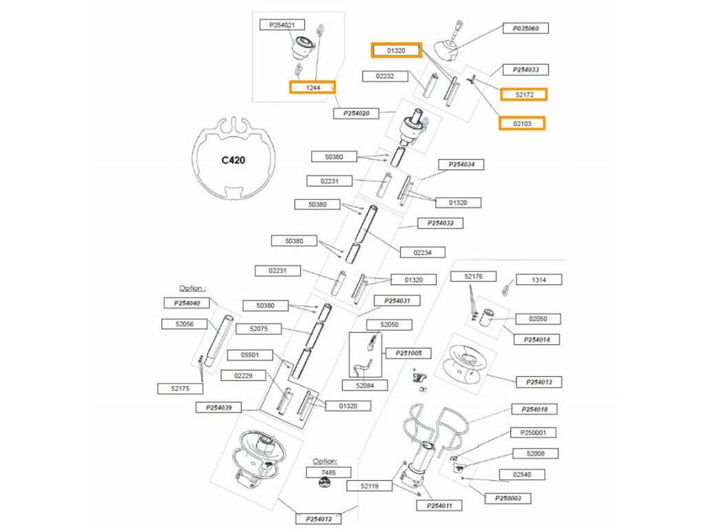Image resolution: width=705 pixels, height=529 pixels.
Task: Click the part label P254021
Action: (282, 25)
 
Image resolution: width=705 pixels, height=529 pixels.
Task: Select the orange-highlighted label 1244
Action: (312, 87)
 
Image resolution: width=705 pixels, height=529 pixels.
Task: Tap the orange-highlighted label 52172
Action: (524, 94)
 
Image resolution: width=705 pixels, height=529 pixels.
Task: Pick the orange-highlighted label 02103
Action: (522, 123)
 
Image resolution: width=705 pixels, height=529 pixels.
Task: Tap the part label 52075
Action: (259, 329)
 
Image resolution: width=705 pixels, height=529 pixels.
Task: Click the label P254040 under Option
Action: (186, 303)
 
